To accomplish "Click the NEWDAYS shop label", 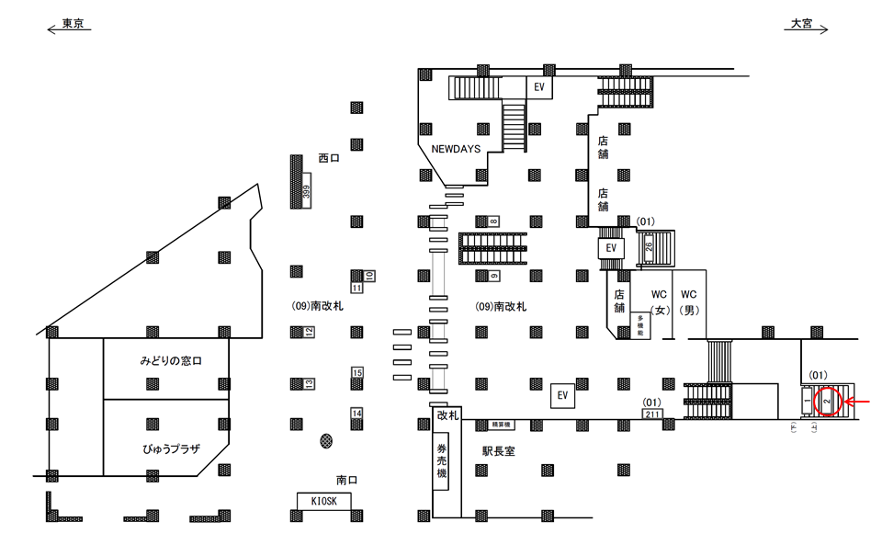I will (x=456, y=149).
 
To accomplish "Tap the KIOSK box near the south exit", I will (x=324, y=500).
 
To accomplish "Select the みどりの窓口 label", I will (x=171, y=361).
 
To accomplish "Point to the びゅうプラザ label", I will (x=172, y=448).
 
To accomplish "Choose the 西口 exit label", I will (x=329, y=158).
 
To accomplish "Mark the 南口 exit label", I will (x=347, y=480).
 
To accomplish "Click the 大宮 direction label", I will (x=802, y=25).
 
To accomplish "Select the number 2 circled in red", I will (x=827, y=402).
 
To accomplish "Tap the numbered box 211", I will (x=653, y=414).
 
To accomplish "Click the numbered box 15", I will (x=357, y=372).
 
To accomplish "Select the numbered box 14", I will (x=357, y=414).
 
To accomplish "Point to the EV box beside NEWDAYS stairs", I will (x=540, y=86).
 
